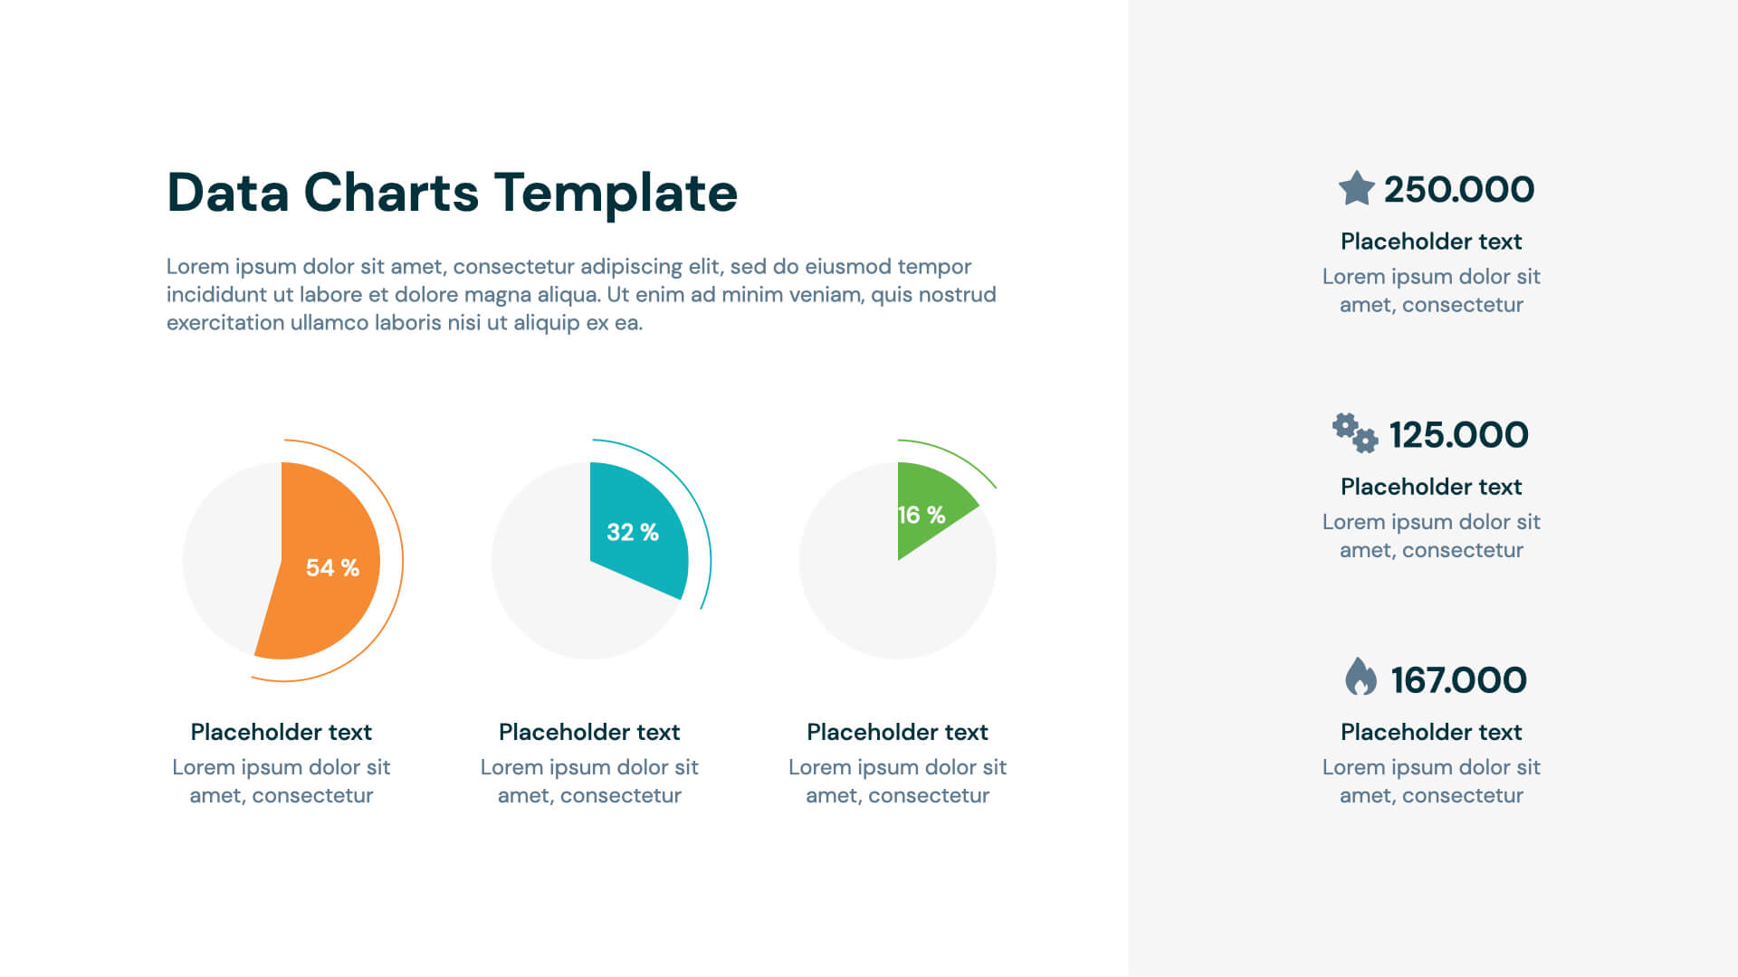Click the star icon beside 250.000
pyautogui.click(x=1356, y=189)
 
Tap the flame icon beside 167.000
pyautogui.click(x=1360, y=677)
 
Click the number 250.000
pyautogui.click(x=1458, y=190)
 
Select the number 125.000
pyautogui.click(x=1458, y=435)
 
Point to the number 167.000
pyautogui.click(x=1458, y=680)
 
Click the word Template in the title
pyautogui.click(x=616, y=193)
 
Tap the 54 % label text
pyautogui.click(x=332, y=568)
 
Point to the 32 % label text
pyautogui.click(x=632, y=533)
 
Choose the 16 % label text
pyautogui.click(x=922, y=516)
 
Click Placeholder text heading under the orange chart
pyautogui.click(x=281, y=732)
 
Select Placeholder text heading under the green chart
pyautogui.click(x=897, y=732)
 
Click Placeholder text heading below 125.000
pyautogui.click(x=1430, y=487)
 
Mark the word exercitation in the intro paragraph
pyautogui.click(x=225, y=323)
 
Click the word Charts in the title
pyautogui.click(x=391, y=193)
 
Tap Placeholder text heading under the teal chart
pyautogui.click(x=589, y=732)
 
